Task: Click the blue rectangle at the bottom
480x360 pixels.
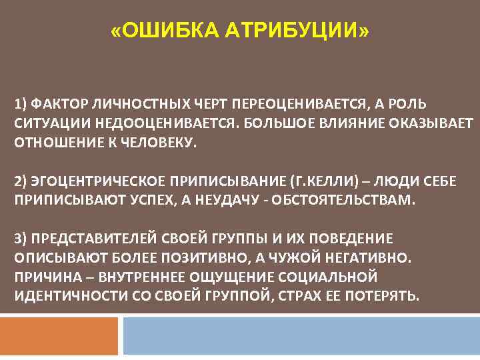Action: pyautogui.click(x=301, y=336)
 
